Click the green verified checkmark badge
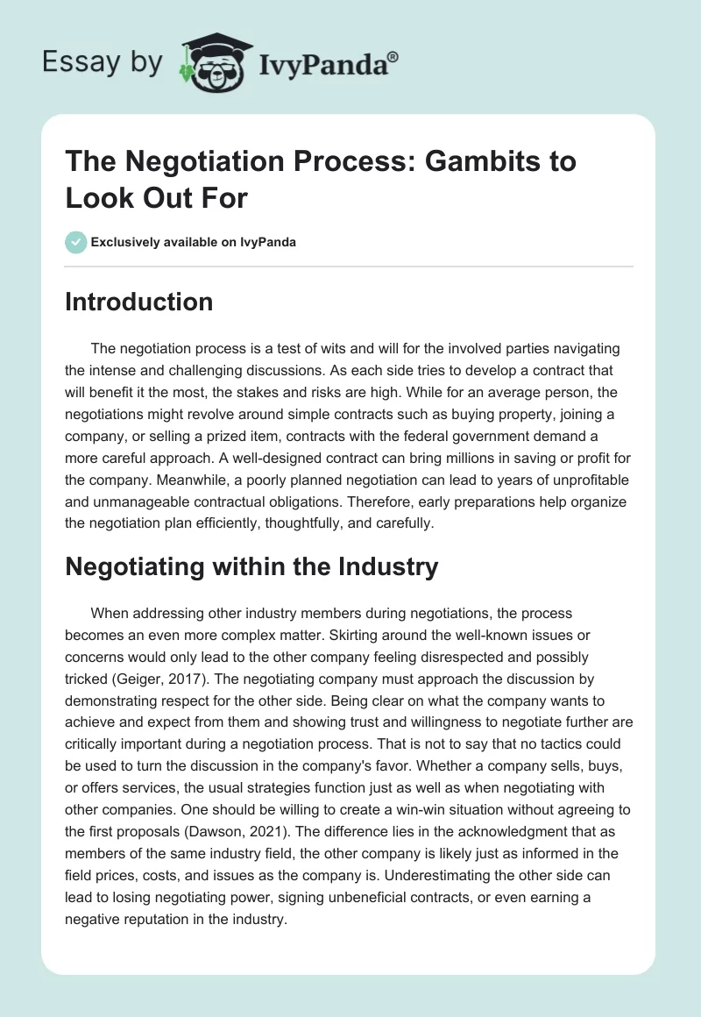(x=76, y=242)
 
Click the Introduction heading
(x=138, y=302)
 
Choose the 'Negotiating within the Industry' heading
(x=251, y=566)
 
